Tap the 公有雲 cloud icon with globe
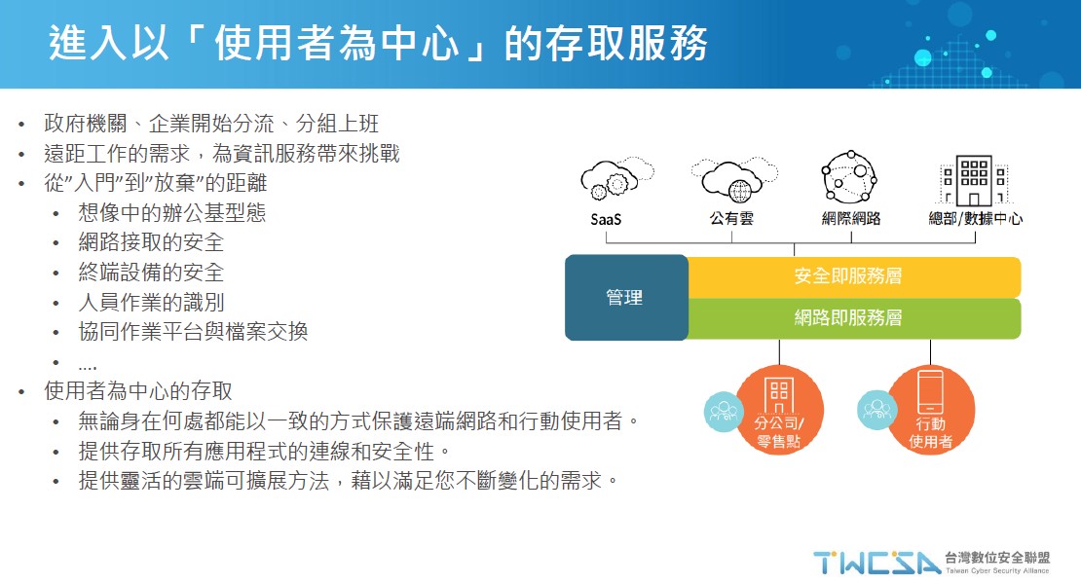point(733,180)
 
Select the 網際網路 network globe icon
point(849,177)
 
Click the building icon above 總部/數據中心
point(974,180)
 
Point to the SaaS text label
point(606,219)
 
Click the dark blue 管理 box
point(626,298)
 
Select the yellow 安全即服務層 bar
point(854,276)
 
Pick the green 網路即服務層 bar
point(854,318)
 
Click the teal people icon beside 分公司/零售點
point(724,411)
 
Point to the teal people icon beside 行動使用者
point(876,410)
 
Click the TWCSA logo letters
point(876,563)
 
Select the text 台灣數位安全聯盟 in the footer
point(997,558)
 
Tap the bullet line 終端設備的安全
point(151,272)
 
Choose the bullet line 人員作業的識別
point(151,302)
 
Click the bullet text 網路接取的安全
point(151,241)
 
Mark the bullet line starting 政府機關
point(211,124)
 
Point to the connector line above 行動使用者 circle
point(930,352)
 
